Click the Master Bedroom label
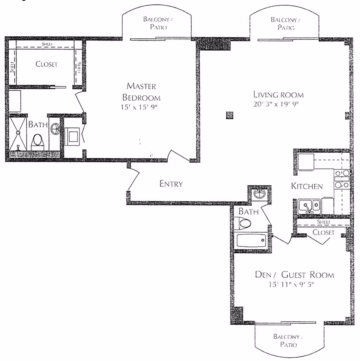(x=141, y=92)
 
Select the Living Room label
(x=278, y=95)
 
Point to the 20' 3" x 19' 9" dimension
(x=278, y=104)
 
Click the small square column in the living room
(x=229, y=115)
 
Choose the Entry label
(x=171, y=184)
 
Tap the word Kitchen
(x=307, y=186)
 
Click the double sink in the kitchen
(x=309, y=206)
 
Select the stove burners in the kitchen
(x=342, y=179)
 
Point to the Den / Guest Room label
(x=294, y=275)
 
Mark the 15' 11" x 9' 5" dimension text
(x=291, y=284)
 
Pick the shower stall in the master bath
(x=18, y=135)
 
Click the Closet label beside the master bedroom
(x=46, y=64)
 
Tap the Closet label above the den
(x=323, y=232)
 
